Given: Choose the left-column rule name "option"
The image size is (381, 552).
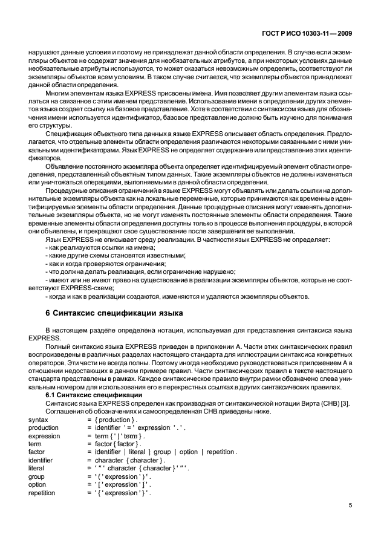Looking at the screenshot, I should pos(37,484).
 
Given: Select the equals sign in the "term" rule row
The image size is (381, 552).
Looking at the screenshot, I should pos(89,443).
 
